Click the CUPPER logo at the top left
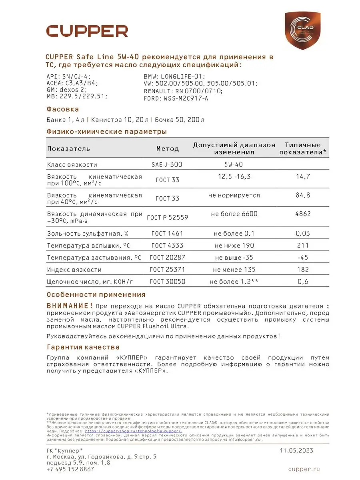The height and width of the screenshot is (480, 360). point(87,31)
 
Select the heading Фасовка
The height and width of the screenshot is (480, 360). point(63,109)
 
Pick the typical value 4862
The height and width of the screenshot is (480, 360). point(303,214)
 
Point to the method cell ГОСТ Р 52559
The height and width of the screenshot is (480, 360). point(168,217)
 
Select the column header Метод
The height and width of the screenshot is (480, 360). point(168,148)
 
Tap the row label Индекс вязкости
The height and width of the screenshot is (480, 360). point(74,270)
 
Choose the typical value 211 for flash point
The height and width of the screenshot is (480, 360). point(303,245)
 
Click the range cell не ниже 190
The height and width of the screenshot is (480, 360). point(234,245)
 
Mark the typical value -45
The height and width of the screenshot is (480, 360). point(303,257)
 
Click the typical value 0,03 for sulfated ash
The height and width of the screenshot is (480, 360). point(303,233)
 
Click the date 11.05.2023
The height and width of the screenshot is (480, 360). point(296,450)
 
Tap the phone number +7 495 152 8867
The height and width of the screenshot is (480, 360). point(70,469)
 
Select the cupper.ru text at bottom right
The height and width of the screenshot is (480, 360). point(304,469)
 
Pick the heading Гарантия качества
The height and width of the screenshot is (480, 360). point(83,347)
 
